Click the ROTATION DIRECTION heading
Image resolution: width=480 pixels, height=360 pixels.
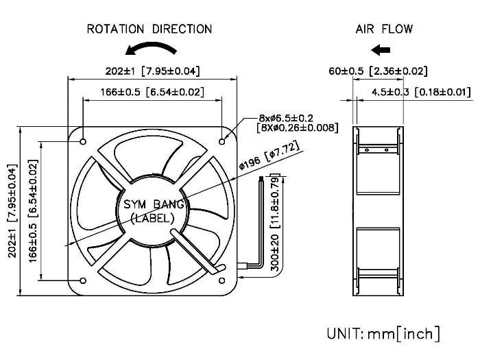click(149, 29)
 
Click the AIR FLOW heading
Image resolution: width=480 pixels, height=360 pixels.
click(384, 29)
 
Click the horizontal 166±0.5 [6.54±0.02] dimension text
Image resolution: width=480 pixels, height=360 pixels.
click(152, 92)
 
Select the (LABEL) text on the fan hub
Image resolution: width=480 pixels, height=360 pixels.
click(152, 217)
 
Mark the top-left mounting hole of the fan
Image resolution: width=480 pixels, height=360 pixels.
click(83, 142)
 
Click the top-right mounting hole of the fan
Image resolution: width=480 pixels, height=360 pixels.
click(221, 142)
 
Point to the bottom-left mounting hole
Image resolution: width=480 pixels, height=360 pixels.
click(83, 280)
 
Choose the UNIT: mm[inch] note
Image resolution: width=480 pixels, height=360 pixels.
click(383, 334)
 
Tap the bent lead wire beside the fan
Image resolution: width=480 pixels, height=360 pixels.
click(261, 226)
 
